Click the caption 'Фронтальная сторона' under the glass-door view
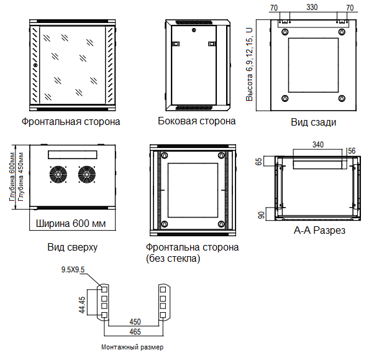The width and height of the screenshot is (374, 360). point(71,122)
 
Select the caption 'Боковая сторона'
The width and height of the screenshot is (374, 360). point(196,121)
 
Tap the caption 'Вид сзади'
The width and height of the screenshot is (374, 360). point(313,122)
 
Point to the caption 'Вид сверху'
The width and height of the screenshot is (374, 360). point(72,247)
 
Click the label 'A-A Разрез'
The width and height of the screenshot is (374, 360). point(319,231)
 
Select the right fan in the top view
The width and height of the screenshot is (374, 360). point(88,175)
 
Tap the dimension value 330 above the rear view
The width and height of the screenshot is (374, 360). point(312,7)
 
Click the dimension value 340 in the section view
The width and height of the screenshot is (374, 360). point(317,144)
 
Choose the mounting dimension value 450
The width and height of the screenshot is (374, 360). point(135,323)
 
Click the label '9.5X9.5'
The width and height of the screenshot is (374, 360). point(73,269)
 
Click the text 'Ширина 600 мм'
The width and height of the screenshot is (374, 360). point(70,223)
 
